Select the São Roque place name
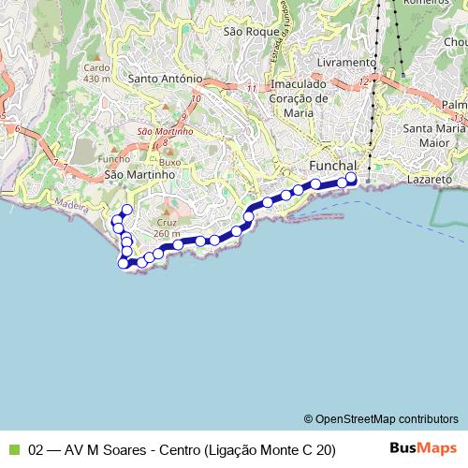pyautogui.click(x=247, y=31)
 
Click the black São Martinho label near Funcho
pyautogui.click(x=141, y=174)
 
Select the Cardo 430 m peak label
pyautogui.click(x=96, y=72)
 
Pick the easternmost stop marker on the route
pyautogui.click(x=351, y=178)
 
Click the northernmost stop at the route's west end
pyautogui.click(x=126, y=209)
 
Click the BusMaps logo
pyautogui.click(x=423, y=448)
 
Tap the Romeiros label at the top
pyautogui.click(x=421, y=3)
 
